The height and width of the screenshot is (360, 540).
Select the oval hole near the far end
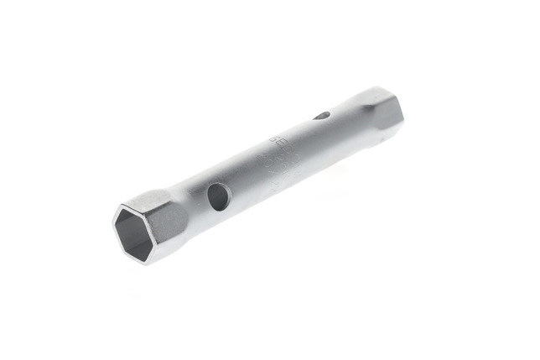323,116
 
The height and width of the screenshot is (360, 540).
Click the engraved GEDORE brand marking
277,142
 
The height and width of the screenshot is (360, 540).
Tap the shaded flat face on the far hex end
387,116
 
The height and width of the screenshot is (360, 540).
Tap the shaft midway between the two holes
268,159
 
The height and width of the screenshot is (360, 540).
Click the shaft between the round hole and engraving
247,172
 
